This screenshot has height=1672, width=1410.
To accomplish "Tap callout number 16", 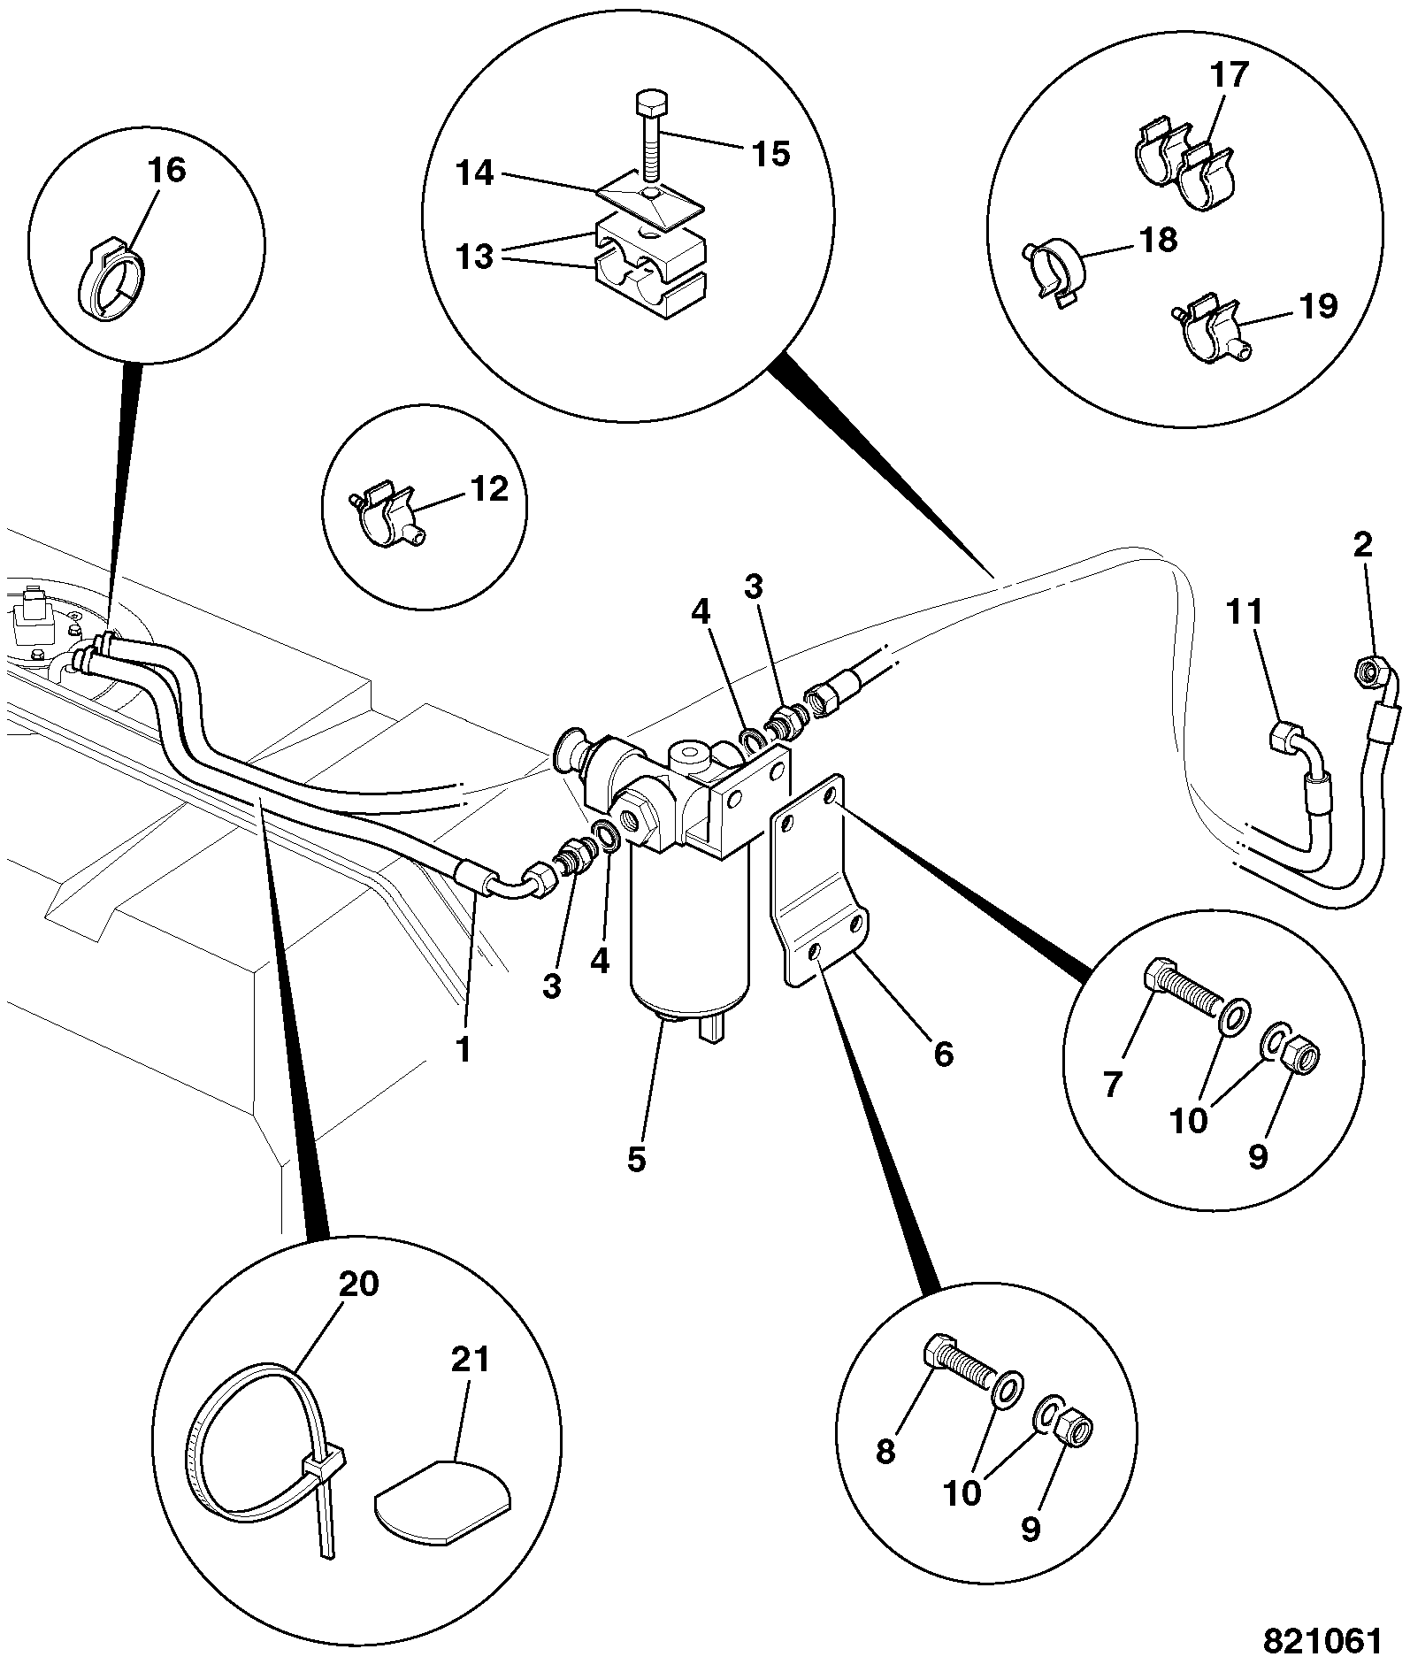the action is (168, 170).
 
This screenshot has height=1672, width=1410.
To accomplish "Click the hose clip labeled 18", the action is (1058, 267).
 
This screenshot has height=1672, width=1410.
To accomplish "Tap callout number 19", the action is (1318, 306).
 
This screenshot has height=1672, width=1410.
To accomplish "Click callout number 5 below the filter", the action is (637, 1159).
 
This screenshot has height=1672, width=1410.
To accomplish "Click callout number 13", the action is (475, 258).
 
